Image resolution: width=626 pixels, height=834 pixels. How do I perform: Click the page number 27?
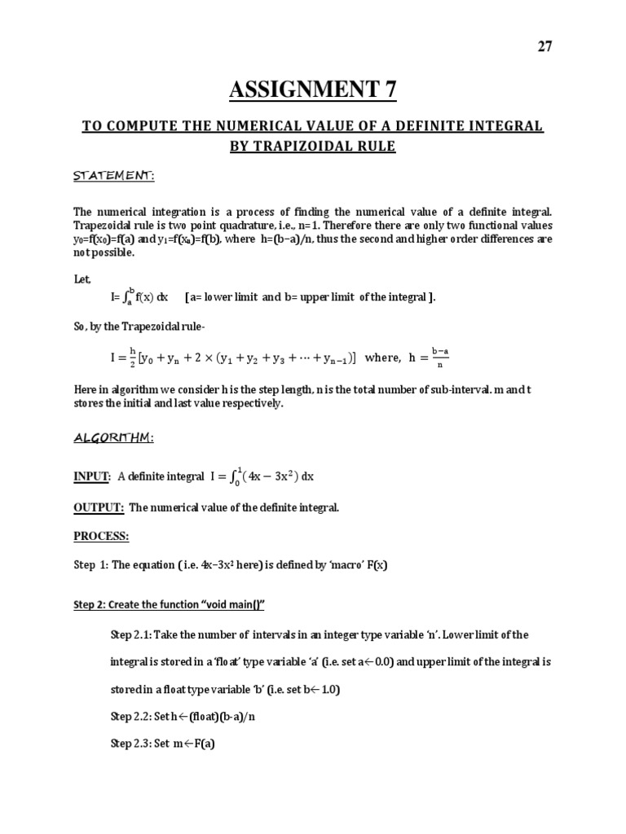tap(544, 46)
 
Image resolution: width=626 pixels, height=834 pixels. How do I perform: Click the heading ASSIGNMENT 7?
tap(313, 88)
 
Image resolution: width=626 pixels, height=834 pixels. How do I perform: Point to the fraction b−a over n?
tap(440, 358)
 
